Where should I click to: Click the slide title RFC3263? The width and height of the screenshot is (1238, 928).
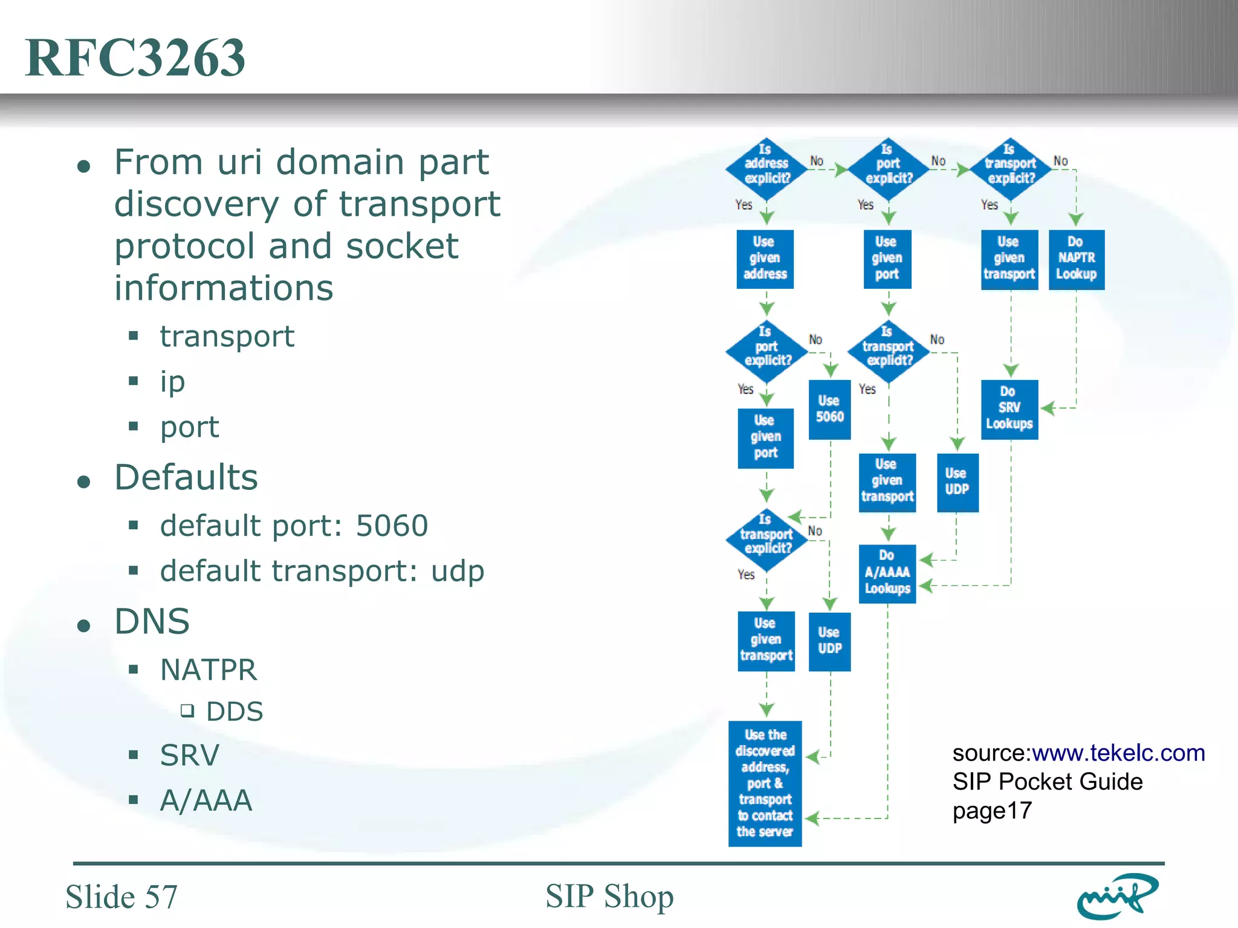click(x=135, y=57)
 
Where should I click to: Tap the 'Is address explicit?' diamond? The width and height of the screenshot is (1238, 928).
click(x=766, y=169)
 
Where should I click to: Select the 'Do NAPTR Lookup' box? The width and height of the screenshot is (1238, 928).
click(x=1076, y=259)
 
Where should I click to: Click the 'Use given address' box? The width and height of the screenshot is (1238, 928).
click(x=765, y=259)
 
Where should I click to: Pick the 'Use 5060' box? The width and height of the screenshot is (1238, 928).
click(x=829, y=409)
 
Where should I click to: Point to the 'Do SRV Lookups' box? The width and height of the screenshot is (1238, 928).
click(x=1009, y=409)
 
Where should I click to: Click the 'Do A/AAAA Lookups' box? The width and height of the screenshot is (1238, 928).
click(x=887, y=573)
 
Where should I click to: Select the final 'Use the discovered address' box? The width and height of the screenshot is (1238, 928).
click(x=765, y=783)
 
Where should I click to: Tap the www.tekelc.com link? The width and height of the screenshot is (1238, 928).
click(x=1118, y=753)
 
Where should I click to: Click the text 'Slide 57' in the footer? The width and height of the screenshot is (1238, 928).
click(x=122, y=897)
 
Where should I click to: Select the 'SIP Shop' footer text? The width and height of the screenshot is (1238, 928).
click(x=609, y=896)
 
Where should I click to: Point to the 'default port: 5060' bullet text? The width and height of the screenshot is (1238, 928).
click(x=294, y=525)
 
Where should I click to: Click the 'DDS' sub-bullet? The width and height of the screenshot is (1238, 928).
click(x=235, y=711)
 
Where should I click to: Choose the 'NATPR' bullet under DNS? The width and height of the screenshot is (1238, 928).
click(x=209, y=669)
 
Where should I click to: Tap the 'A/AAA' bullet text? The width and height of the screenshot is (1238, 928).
click(x=206, y=800)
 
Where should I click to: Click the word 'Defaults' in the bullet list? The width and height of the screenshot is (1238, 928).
click(x=186, y=477)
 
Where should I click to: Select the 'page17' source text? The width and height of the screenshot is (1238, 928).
click(x=992, y=811)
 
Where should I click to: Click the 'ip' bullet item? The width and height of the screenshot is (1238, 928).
click(x=172, y=382)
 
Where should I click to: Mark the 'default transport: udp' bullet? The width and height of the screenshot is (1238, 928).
click(x=322, y=570)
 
